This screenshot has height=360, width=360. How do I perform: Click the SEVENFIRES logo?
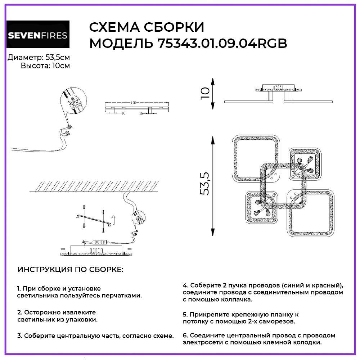point(38,35)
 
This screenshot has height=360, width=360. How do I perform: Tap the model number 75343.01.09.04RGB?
point(222,44)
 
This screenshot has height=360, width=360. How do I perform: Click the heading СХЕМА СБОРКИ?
point(147,27)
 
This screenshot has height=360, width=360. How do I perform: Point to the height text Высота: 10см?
point(45,66)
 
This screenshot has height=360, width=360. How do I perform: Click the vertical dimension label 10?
point(204,93)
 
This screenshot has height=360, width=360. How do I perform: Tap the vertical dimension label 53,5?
point(204,184)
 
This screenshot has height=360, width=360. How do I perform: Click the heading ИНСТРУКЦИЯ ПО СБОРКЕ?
point(71,270)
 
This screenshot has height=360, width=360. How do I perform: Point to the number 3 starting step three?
point(19,336)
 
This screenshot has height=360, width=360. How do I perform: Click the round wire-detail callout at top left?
point(73,102)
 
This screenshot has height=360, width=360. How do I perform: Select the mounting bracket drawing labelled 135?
point(137,108)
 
